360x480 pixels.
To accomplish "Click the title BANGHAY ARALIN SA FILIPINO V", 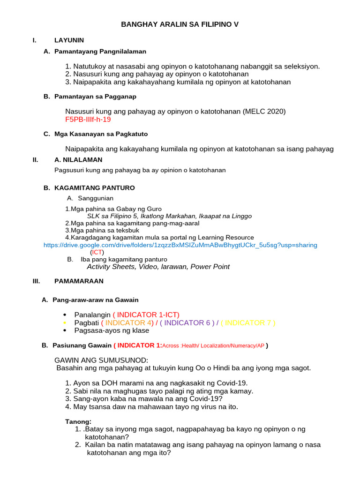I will [x=180, y=24].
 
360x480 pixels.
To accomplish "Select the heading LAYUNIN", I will [x=69, y=40].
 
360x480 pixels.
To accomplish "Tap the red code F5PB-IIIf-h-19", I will [x=88, y=120].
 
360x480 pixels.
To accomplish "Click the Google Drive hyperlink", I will [x=180, y=245].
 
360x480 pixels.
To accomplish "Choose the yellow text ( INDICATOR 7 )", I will [x=248, y=322].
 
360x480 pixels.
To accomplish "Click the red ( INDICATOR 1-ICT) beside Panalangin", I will [x=146, y=315].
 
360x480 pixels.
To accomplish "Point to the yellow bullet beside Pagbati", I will [x=64, y=323].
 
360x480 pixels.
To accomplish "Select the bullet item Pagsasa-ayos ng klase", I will [x=112, y=330].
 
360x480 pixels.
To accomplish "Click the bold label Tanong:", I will [x=78, y=421].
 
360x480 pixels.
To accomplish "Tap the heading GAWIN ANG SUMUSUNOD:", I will [x=101, y=360].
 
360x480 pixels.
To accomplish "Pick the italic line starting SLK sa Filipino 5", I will [x=169, y=216].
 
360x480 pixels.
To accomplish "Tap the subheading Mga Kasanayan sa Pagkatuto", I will [x=101, y=134].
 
